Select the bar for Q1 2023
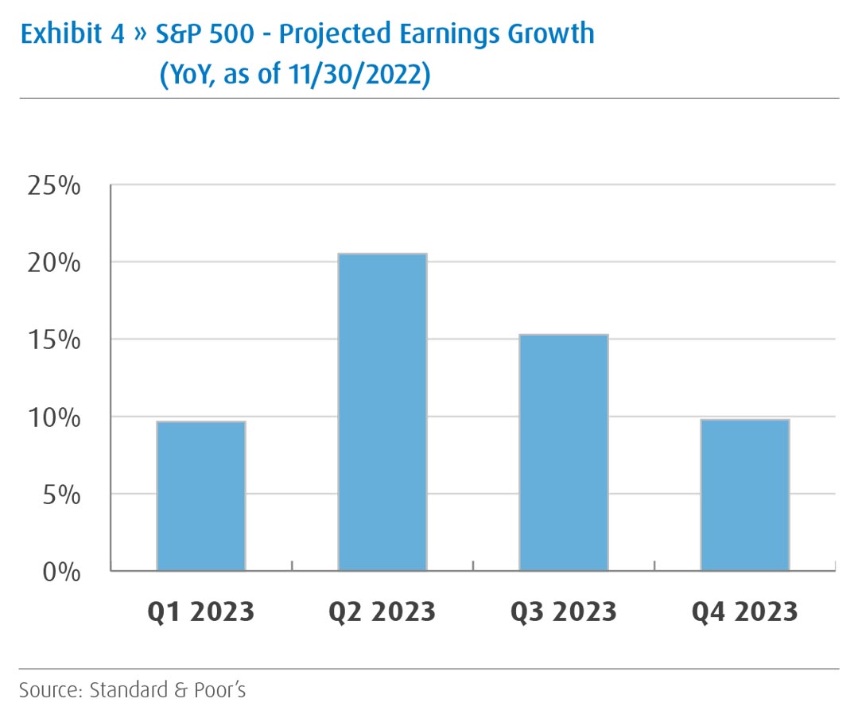[x=201, y=496]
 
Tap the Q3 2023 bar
[x=563, y=452]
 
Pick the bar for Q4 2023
[x=744, y=495]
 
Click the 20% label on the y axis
[x=54, y=263]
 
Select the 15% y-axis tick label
[x=54, y=340]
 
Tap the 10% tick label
[x=54, y=417]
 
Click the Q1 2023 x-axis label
[x=201, y=611]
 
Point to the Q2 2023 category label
[x=382, y=611]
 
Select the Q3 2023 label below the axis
[x=563, y=611]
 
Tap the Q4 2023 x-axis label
[x=744, y=611]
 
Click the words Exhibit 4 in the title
[x=72, y=34]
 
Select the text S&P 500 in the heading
[x=188, y=34]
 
